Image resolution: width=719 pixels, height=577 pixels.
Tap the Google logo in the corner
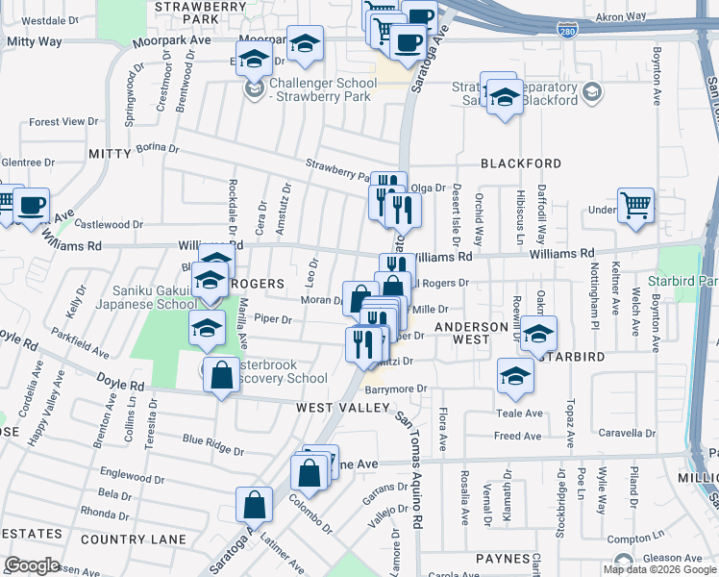pyautogui.click(x=32, y=565)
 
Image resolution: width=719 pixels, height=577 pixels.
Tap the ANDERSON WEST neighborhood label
pyautogui.click(x=471, y=333)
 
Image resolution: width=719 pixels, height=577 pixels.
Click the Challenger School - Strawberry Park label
pyautogui.click(x=322, y=89)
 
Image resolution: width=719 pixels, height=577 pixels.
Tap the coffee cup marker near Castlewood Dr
pyautogui.click(x=32, y=205)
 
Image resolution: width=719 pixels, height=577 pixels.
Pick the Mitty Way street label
pyautogui.click(x=35, y=42)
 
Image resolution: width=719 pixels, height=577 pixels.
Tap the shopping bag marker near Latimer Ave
pyautogui.click(x=254, y=504)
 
